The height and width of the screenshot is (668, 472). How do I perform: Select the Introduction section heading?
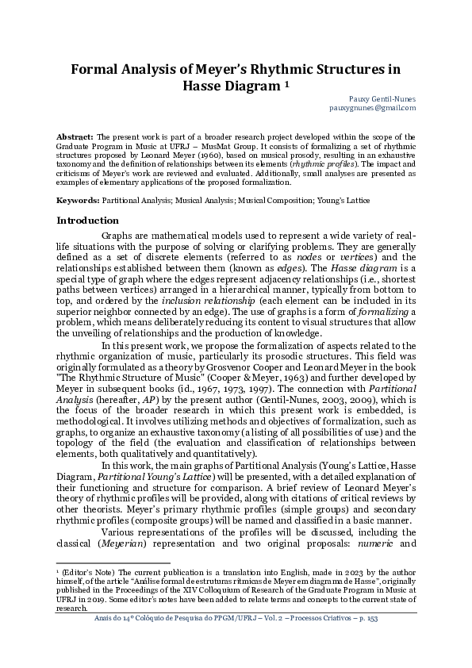(88, 220)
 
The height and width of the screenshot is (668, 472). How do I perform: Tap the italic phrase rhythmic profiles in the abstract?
(320, 163)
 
